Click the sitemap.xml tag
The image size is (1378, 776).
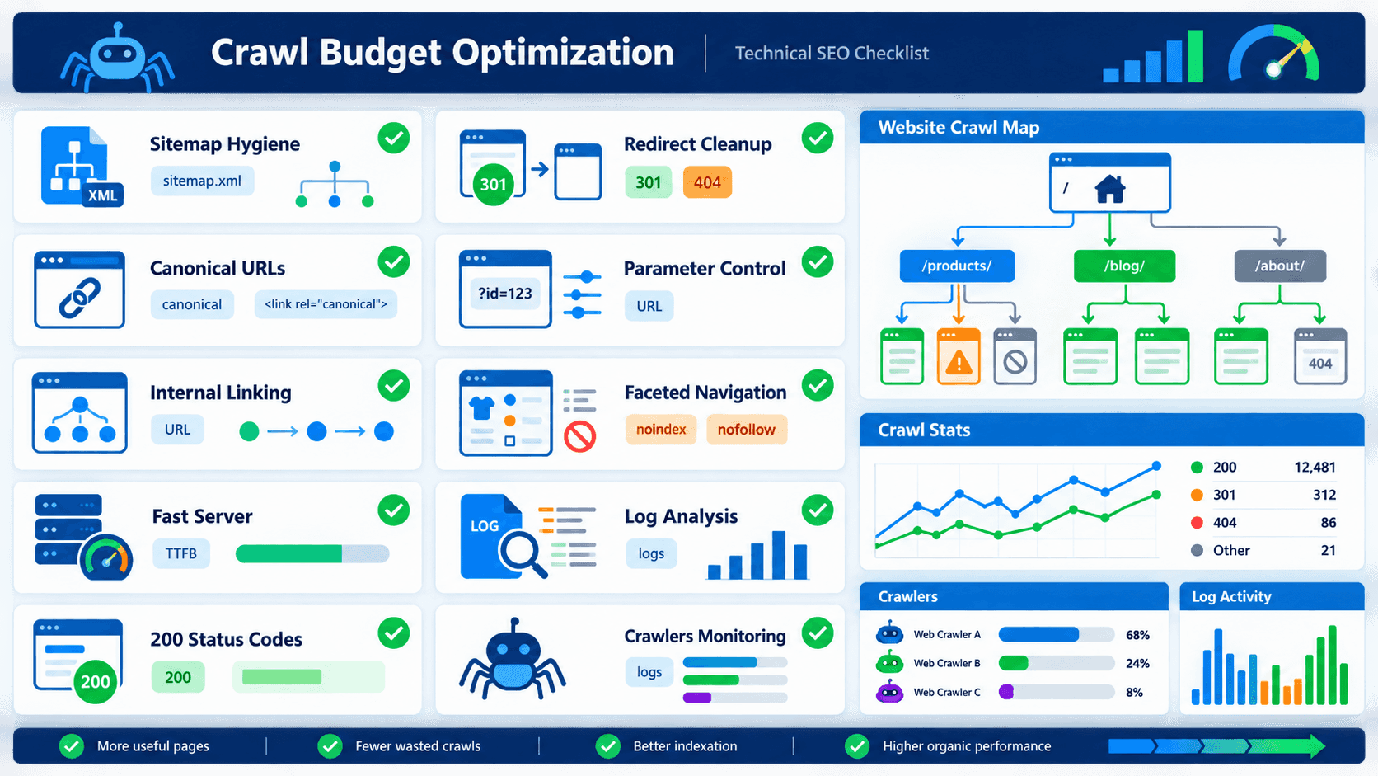tap(202, 181)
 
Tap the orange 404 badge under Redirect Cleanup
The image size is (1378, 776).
tap(707, 182)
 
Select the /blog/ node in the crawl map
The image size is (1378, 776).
tap(1124, 266)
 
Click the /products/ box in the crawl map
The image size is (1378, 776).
tap(957, 266)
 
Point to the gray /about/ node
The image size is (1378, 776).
tap(1280, 266)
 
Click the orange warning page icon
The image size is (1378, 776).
tap(959, 356)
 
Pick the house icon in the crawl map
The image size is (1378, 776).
tap(1110, 189)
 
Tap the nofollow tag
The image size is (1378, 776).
tap(746, 430)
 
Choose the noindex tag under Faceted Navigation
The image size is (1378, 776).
tap(661, 430)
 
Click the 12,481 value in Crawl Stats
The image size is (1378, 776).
tap(1315, 467)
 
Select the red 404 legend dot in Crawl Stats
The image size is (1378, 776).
tap(1197, 523)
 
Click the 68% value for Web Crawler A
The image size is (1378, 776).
tap(1137, 634)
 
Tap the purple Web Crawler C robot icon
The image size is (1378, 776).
tap(889, 692)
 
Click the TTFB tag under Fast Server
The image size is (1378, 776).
tap(180, 553)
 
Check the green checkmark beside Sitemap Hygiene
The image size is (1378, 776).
tap(394, 138)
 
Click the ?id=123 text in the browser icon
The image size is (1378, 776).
tap(505, 294)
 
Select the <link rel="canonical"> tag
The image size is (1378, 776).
tap(326, 304)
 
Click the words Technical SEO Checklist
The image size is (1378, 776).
tap(832, 53)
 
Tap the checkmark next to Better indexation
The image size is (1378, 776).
tap(607, 745)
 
